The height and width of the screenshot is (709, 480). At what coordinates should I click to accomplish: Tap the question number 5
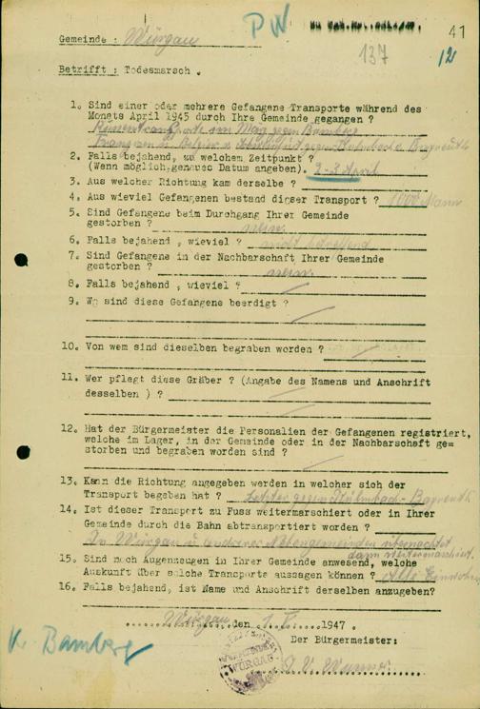72,213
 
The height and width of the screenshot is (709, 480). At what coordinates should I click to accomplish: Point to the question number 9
72,302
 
